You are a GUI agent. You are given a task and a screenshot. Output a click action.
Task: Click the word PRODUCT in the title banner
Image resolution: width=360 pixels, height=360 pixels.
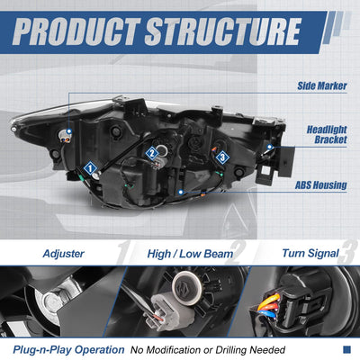point(76,31)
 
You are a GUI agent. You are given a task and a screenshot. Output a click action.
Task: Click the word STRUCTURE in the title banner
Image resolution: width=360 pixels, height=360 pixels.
point(223,31)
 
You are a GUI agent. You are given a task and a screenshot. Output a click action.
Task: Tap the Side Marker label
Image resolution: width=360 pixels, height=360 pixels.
point(322,85)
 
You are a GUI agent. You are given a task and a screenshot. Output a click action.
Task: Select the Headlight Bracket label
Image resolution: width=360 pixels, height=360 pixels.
point(327,135)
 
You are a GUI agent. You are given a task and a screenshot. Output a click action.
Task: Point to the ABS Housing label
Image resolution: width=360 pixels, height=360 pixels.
point(321,185)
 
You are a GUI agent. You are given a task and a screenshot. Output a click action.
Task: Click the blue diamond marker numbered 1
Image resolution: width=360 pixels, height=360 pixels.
point(90,168)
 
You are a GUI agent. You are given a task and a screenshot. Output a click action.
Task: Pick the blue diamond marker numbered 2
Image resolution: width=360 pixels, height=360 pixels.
point(152,154)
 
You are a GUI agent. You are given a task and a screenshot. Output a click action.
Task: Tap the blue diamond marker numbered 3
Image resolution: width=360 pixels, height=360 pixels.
point(222,157)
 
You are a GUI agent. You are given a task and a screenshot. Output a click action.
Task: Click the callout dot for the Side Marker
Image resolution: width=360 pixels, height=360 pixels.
point(69,131)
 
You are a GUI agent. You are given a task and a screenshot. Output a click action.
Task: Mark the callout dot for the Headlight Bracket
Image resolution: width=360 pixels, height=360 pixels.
point(270,147)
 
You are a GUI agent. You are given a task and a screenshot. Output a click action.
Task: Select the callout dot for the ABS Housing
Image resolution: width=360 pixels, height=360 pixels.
point(181,192)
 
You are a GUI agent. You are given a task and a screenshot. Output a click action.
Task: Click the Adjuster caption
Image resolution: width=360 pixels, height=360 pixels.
point(64,254)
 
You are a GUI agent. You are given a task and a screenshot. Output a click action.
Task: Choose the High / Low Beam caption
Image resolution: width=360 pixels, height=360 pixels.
point(190,254)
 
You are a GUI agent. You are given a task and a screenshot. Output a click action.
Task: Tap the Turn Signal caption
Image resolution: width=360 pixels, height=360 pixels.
point(310,254)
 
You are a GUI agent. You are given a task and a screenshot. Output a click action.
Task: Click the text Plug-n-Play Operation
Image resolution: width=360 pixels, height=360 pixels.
point(68,350)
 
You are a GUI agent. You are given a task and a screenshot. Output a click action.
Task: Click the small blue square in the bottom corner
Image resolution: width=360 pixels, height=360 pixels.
point(346,349)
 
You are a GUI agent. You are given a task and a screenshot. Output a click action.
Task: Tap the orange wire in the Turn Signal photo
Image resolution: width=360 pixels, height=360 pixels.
point(268,301)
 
